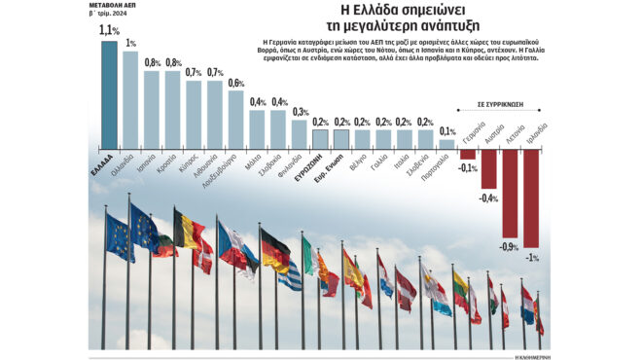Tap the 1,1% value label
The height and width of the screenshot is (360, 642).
(x=109, y=31)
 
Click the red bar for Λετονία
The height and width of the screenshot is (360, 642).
(x=510, y=195)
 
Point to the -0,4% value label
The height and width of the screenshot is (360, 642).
(x=488, y=199)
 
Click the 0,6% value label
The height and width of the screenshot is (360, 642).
(x=236, y=83)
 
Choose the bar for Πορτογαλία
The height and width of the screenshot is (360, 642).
(x=446, y=143)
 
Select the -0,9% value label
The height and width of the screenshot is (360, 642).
(x=509, y=246)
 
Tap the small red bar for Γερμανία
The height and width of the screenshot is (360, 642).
(x=468, y=153)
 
